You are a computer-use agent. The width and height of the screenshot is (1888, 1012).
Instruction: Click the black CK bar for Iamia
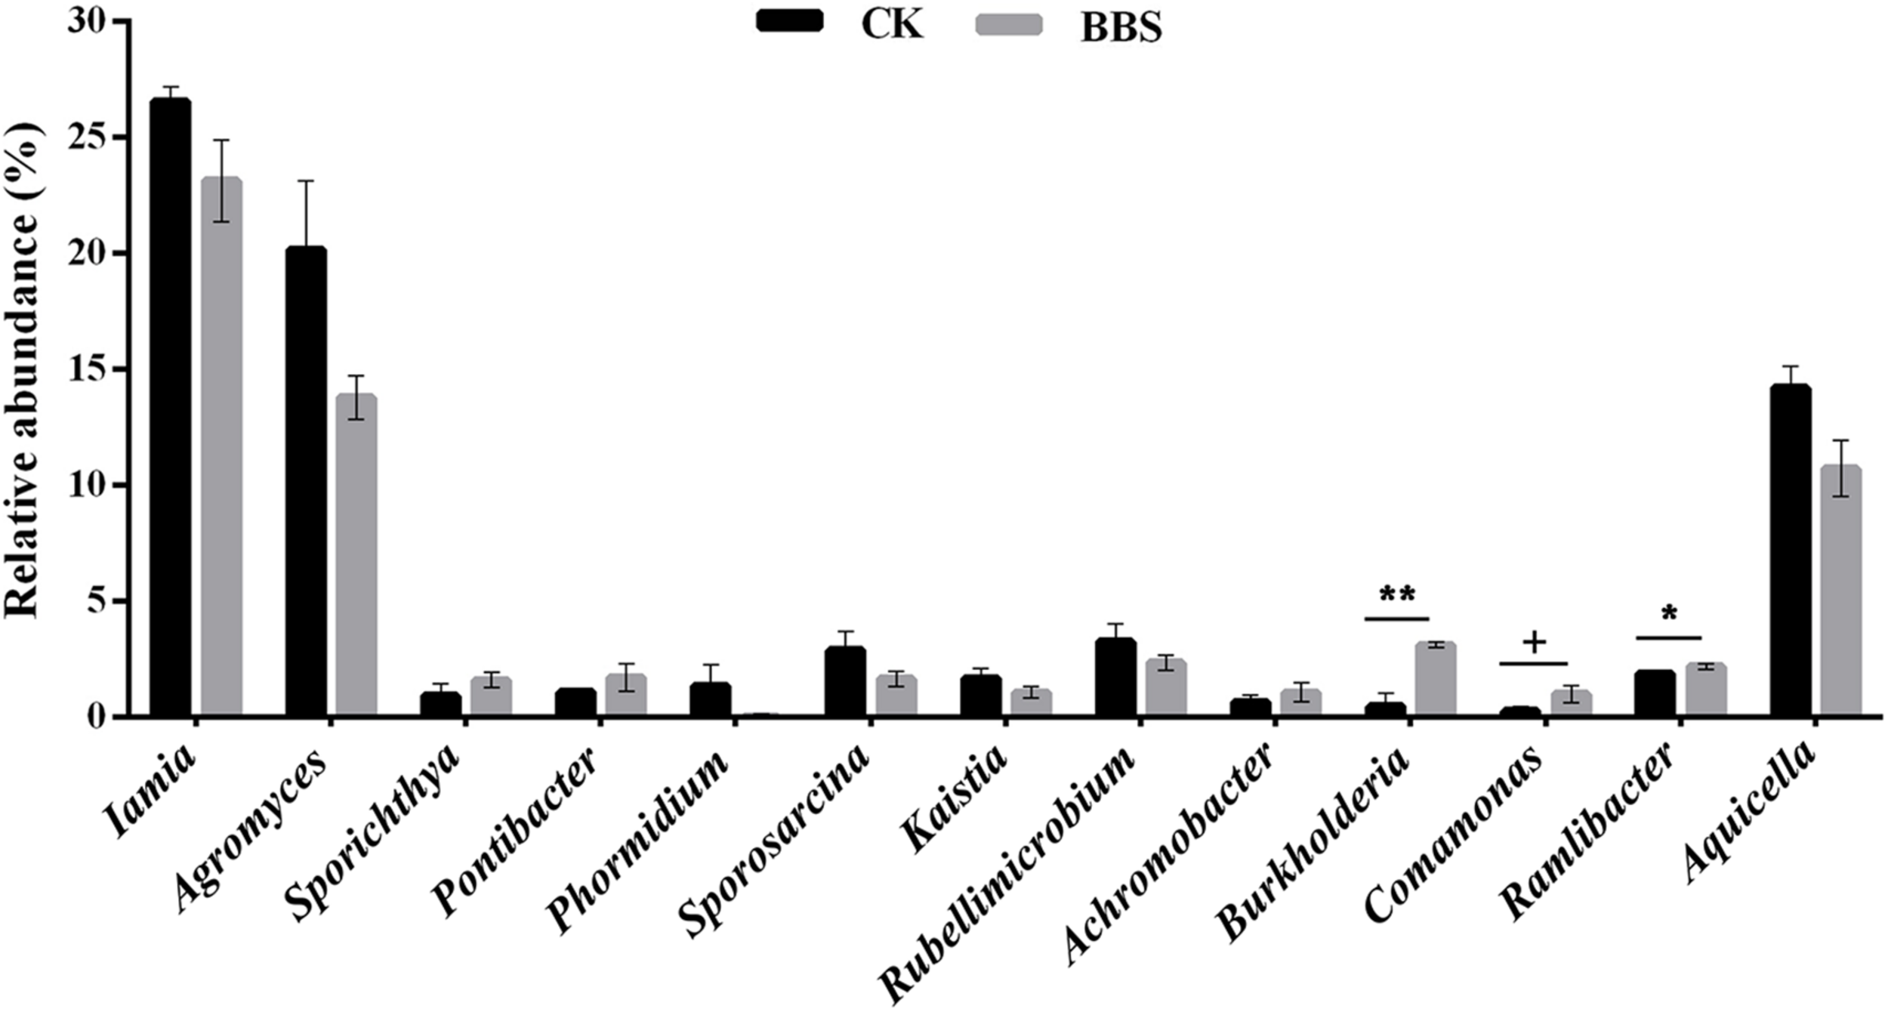pyautogui.click(x=171, y=408)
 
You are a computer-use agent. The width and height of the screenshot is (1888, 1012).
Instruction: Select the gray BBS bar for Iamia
pyautogui.click(x=221, y=446)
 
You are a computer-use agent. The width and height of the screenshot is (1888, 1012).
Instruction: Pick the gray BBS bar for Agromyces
pyautogui.click(x=356, y=555)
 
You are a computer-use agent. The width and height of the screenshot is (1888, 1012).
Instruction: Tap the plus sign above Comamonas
pyautogui.click(x=1534, y=643)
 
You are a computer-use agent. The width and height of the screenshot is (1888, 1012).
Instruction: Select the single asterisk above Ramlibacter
pyautogui.click(x=1668, y=614)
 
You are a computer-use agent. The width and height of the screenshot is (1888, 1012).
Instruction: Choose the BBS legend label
pyautogui.click(x=1121, y=29)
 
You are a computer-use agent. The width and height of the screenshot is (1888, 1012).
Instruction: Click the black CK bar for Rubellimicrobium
pyautogui.click(x=1115, y=677)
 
